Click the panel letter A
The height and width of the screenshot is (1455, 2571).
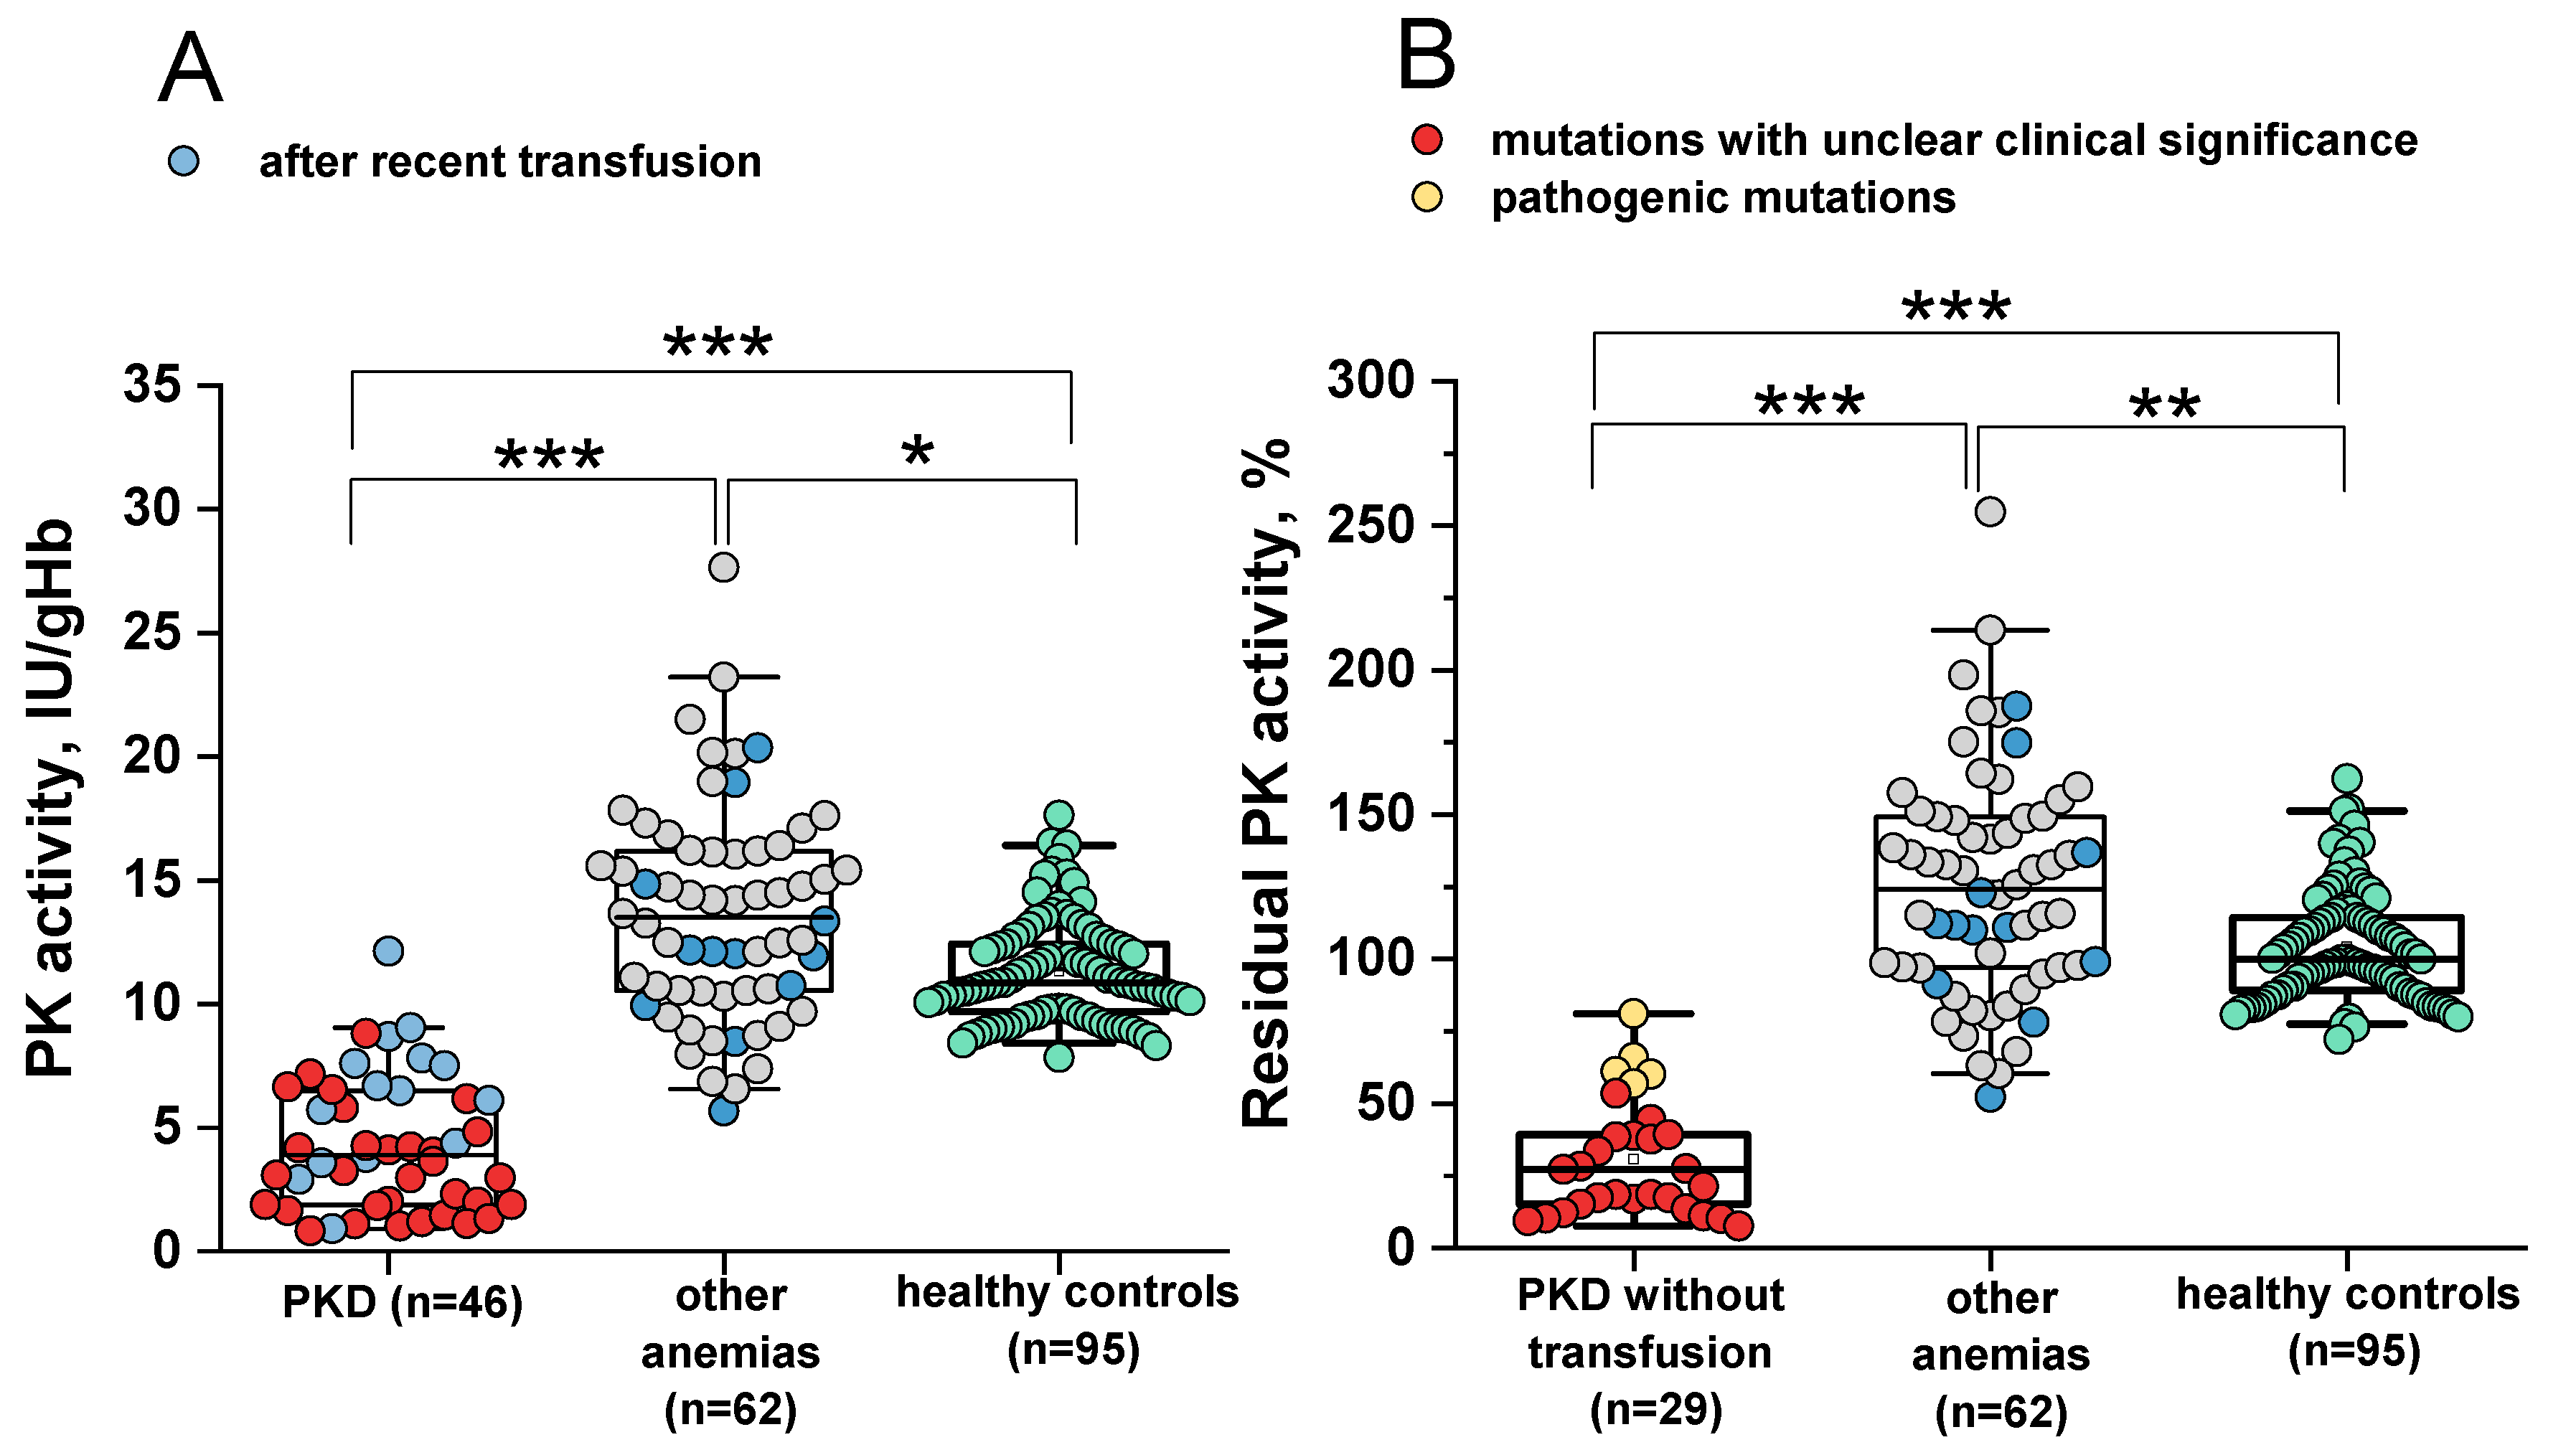(190, 68)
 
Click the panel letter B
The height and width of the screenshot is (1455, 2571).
(1425, 57)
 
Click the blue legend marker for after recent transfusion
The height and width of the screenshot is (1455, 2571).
(184, 161)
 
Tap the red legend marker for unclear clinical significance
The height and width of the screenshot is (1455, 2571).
(1427, 140)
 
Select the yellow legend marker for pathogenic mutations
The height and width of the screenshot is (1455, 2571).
(1427, 197)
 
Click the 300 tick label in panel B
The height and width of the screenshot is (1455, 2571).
(1371, 381)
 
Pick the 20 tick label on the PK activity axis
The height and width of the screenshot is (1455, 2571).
(152, 756)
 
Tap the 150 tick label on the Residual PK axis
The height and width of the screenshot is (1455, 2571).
(1371, 814)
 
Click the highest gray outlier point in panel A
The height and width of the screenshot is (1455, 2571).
(723, 568)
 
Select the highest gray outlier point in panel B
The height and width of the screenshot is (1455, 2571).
(1990, 512)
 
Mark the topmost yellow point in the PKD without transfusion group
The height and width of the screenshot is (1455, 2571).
(1632, 1013)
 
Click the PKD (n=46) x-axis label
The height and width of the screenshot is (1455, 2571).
(403, 1302)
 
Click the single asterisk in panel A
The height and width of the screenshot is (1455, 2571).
(917, 452)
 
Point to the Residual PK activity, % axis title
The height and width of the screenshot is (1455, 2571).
(1267, 784)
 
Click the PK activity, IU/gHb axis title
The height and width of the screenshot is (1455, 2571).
(50, 799)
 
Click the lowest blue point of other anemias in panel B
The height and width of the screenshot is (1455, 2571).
(1990, 1097)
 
